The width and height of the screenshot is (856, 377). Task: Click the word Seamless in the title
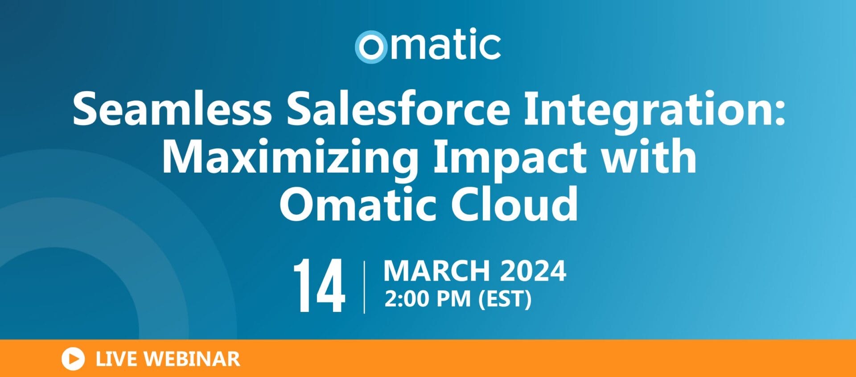(x=172, y=108)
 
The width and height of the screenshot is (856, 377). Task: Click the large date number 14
(x=319, y=286)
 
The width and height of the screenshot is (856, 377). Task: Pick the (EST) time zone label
(x=505, y=299)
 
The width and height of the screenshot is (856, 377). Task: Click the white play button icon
(x=73, y=359)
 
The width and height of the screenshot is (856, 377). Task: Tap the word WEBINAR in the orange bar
(x=192, y=359)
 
